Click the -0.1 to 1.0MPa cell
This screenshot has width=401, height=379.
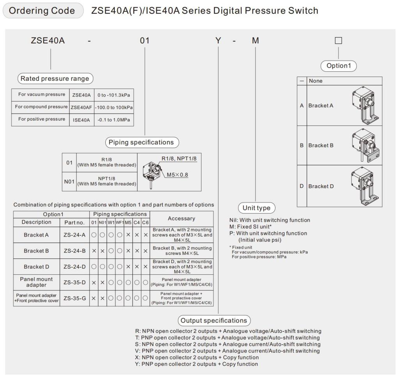tap(114, 120)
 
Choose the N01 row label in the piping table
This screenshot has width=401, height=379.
tap(69, 181)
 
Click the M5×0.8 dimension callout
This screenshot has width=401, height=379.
tap(177, 174)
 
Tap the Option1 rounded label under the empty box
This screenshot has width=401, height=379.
tap(338, 66)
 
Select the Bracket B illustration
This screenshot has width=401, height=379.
tap(365, 146)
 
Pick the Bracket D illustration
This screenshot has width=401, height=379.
tap(365, 186)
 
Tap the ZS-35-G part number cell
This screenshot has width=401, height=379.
tap(75, 299)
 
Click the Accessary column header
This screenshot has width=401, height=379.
tap(181, 219)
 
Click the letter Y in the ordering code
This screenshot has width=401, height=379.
tap(218, 41)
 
